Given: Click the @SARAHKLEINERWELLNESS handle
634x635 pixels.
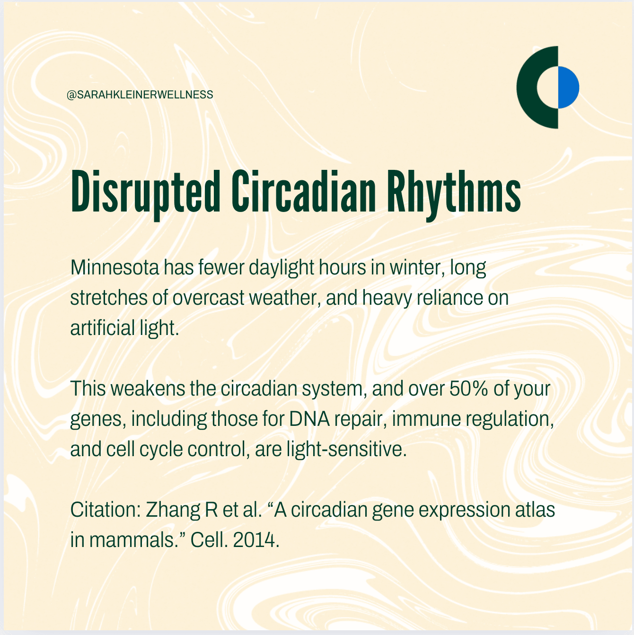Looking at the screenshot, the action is [140, 95].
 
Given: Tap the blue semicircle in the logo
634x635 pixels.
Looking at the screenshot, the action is [568, 88].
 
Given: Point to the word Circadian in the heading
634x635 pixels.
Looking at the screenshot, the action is [303, 191].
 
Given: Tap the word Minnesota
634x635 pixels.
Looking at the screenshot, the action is [114, 267].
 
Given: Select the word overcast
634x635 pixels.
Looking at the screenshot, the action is [208, 298].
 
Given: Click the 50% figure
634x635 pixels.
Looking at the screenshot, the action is [468, 388].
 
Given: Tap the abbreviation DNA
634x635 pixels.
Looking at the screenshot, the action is [309, 419].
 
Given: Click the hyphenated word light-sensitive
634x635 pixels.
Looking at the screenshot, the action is [347, 450].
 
